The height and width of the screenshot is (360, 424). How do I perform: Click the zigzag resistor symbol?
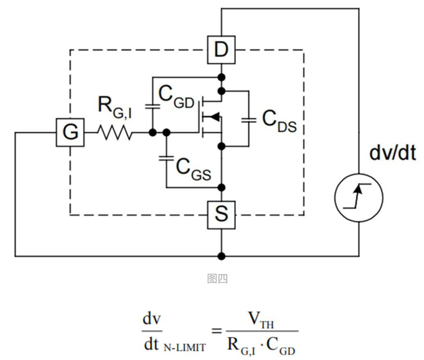pos(117,133)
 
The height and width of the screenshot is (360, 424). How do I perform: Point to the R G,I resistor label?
pos(115,107)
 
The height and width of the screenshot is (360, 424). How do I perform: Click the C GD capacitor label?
pos(177,96)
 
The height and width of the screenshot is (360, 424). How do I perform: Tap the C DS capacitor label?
pos(277,123)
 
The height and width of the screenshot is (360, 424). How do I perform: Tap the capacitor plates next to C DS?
pos(249,120)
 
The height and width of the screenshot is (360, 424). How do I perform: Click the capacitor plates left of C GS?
pos(166,160)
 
